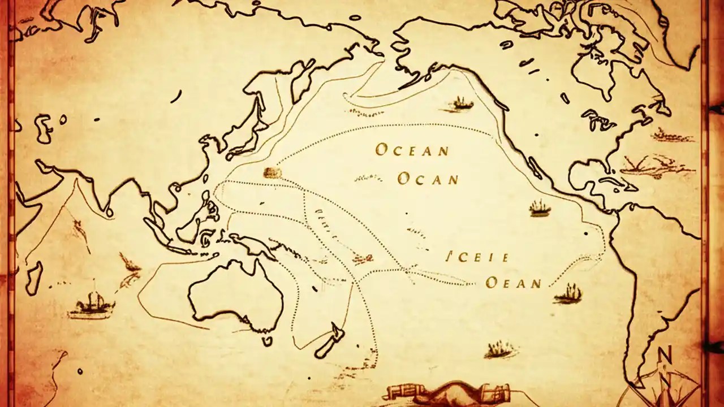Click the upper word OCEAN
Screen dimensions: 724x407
coord(412,150)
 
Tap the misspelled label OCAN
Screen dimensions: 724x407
coord(428,180)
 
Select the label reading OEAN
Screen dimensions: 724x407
coord(514,283)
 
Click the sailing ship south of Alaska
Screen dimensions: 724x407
coord(462,103)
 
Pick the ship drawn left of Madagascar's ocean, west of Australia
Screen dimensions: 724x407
coord(90,306)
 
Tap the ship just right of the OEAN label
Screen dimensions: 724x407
coord(568,293)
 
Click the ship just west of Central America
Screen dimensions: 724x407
coord(540,209)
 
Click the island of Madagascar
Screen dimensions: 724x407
coord(34,277)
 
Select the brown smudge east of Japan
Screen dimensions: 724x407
coord(272,172)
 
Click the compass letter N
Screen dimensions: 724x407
coord(665,356)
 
